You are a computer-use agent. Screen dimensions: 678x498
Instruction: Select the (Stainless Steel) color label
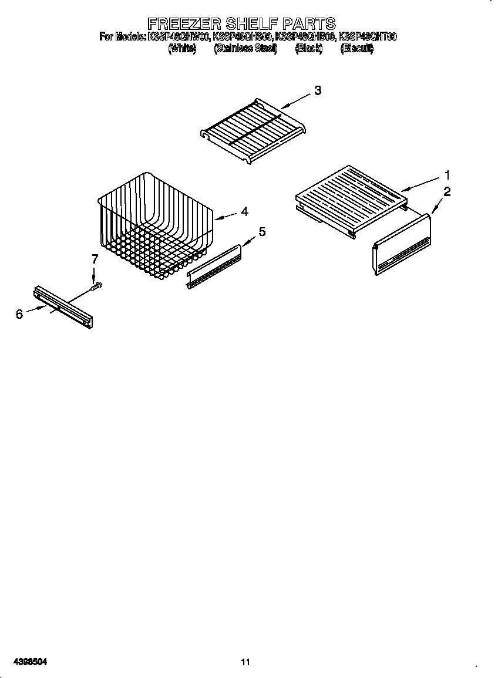pos(245,49)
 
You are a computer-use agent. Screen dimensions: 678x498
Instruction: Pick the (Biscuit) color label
pos(357,49)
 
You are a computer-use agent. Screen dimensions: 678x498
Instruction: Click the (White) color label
pos(181,49)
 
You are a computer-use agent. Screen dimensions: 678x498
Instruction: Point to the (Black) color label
pos(309,49)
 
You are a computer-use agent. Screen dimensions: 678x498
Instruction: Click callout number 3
pos(317,90)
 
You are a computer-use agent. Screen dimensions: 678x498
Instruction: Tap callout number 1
pos(447,175)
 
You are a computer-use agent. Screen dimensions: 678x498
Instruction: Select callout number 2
pos(447,191)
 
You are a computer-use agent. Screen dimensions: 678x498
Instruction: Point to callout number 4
pos(244,211)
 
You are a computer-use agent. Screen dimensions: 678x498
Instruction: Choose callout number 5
pos(262,232)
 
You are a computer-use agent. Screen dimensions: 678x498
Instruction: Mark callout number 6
pos(19,314)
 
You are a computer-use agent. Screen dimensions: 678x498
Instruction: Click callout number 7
pos(95,259)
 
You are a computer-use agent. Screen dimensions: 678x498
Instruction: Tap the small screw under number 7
pos(97,286)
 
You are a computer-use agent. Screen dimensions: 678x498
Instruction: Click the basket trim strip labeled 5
pos(214,267)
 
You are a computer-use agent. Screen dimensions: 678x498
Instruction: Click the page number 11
pos(245,662)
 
